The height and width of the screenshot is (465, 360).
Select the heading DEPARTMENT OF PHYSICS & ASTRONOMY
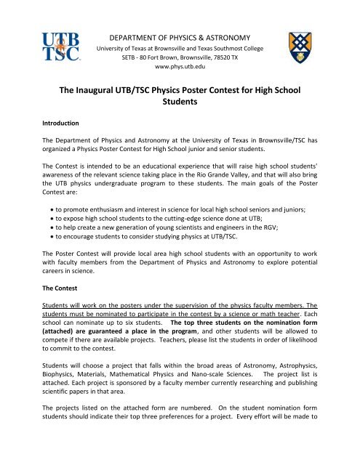[180, 36]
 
